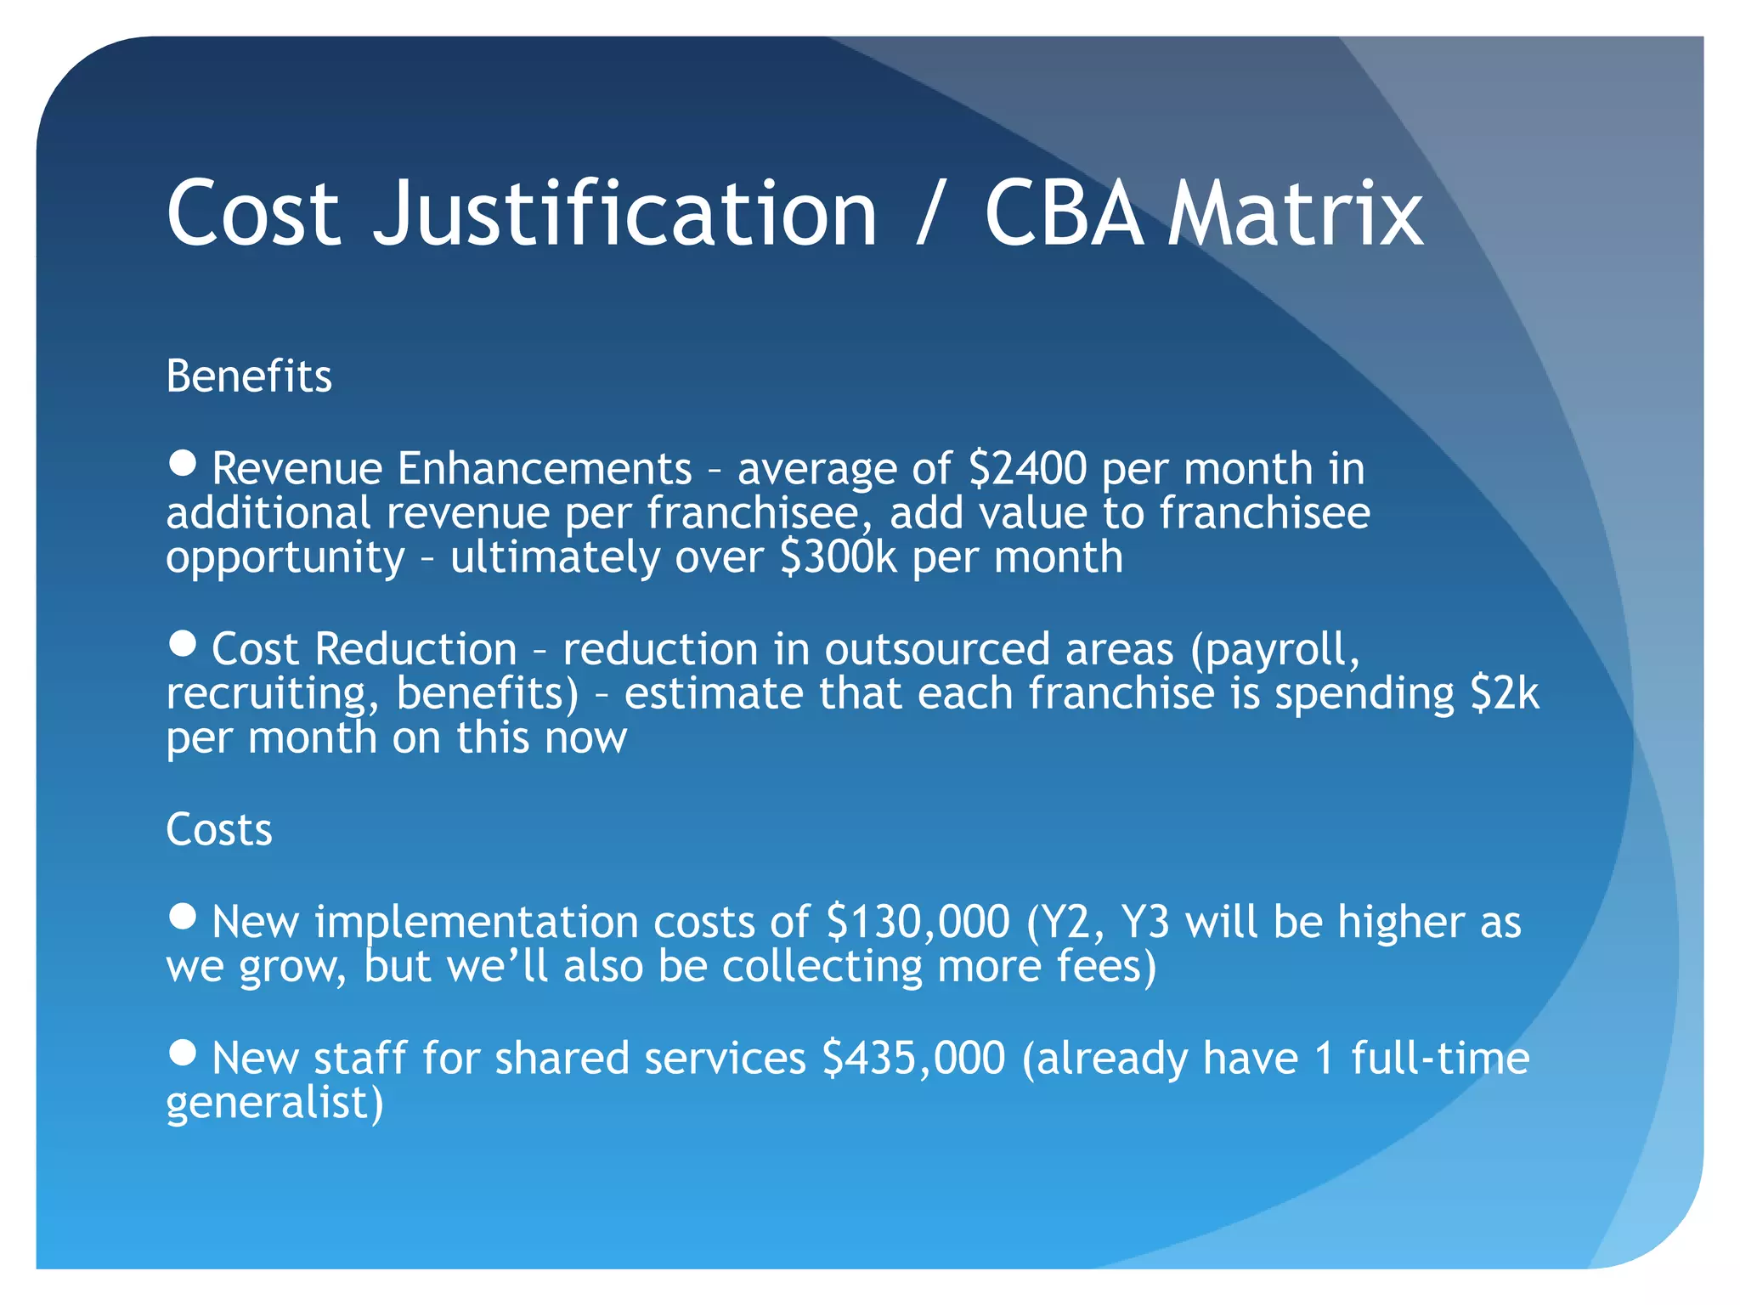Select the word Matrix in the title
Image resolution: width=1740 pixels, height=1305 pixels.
point(1296,214)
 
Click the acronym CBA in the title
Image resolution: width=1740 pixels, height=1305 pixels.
point(1064,214)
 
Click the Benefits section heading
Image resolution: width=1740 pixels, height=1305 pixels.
point(249,376)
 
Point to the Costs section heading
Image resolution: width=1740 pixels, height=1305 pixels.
point(219,829)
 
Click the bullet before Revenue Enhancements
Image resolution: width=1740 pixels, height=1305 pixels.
point(183,464)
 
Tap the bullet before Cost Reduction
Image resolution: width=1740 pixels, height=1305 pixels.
point(183,644)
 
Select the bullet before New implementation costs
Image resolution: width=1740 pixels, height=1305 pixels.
point(183,917)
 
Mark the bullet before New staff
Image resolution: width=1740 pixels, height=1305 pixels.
point(183,1054)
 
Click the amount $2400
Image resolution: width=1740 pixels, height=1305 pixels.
point(1027,469)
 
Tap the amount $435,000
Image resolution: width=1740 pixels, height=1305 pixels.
point(914,1059)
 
